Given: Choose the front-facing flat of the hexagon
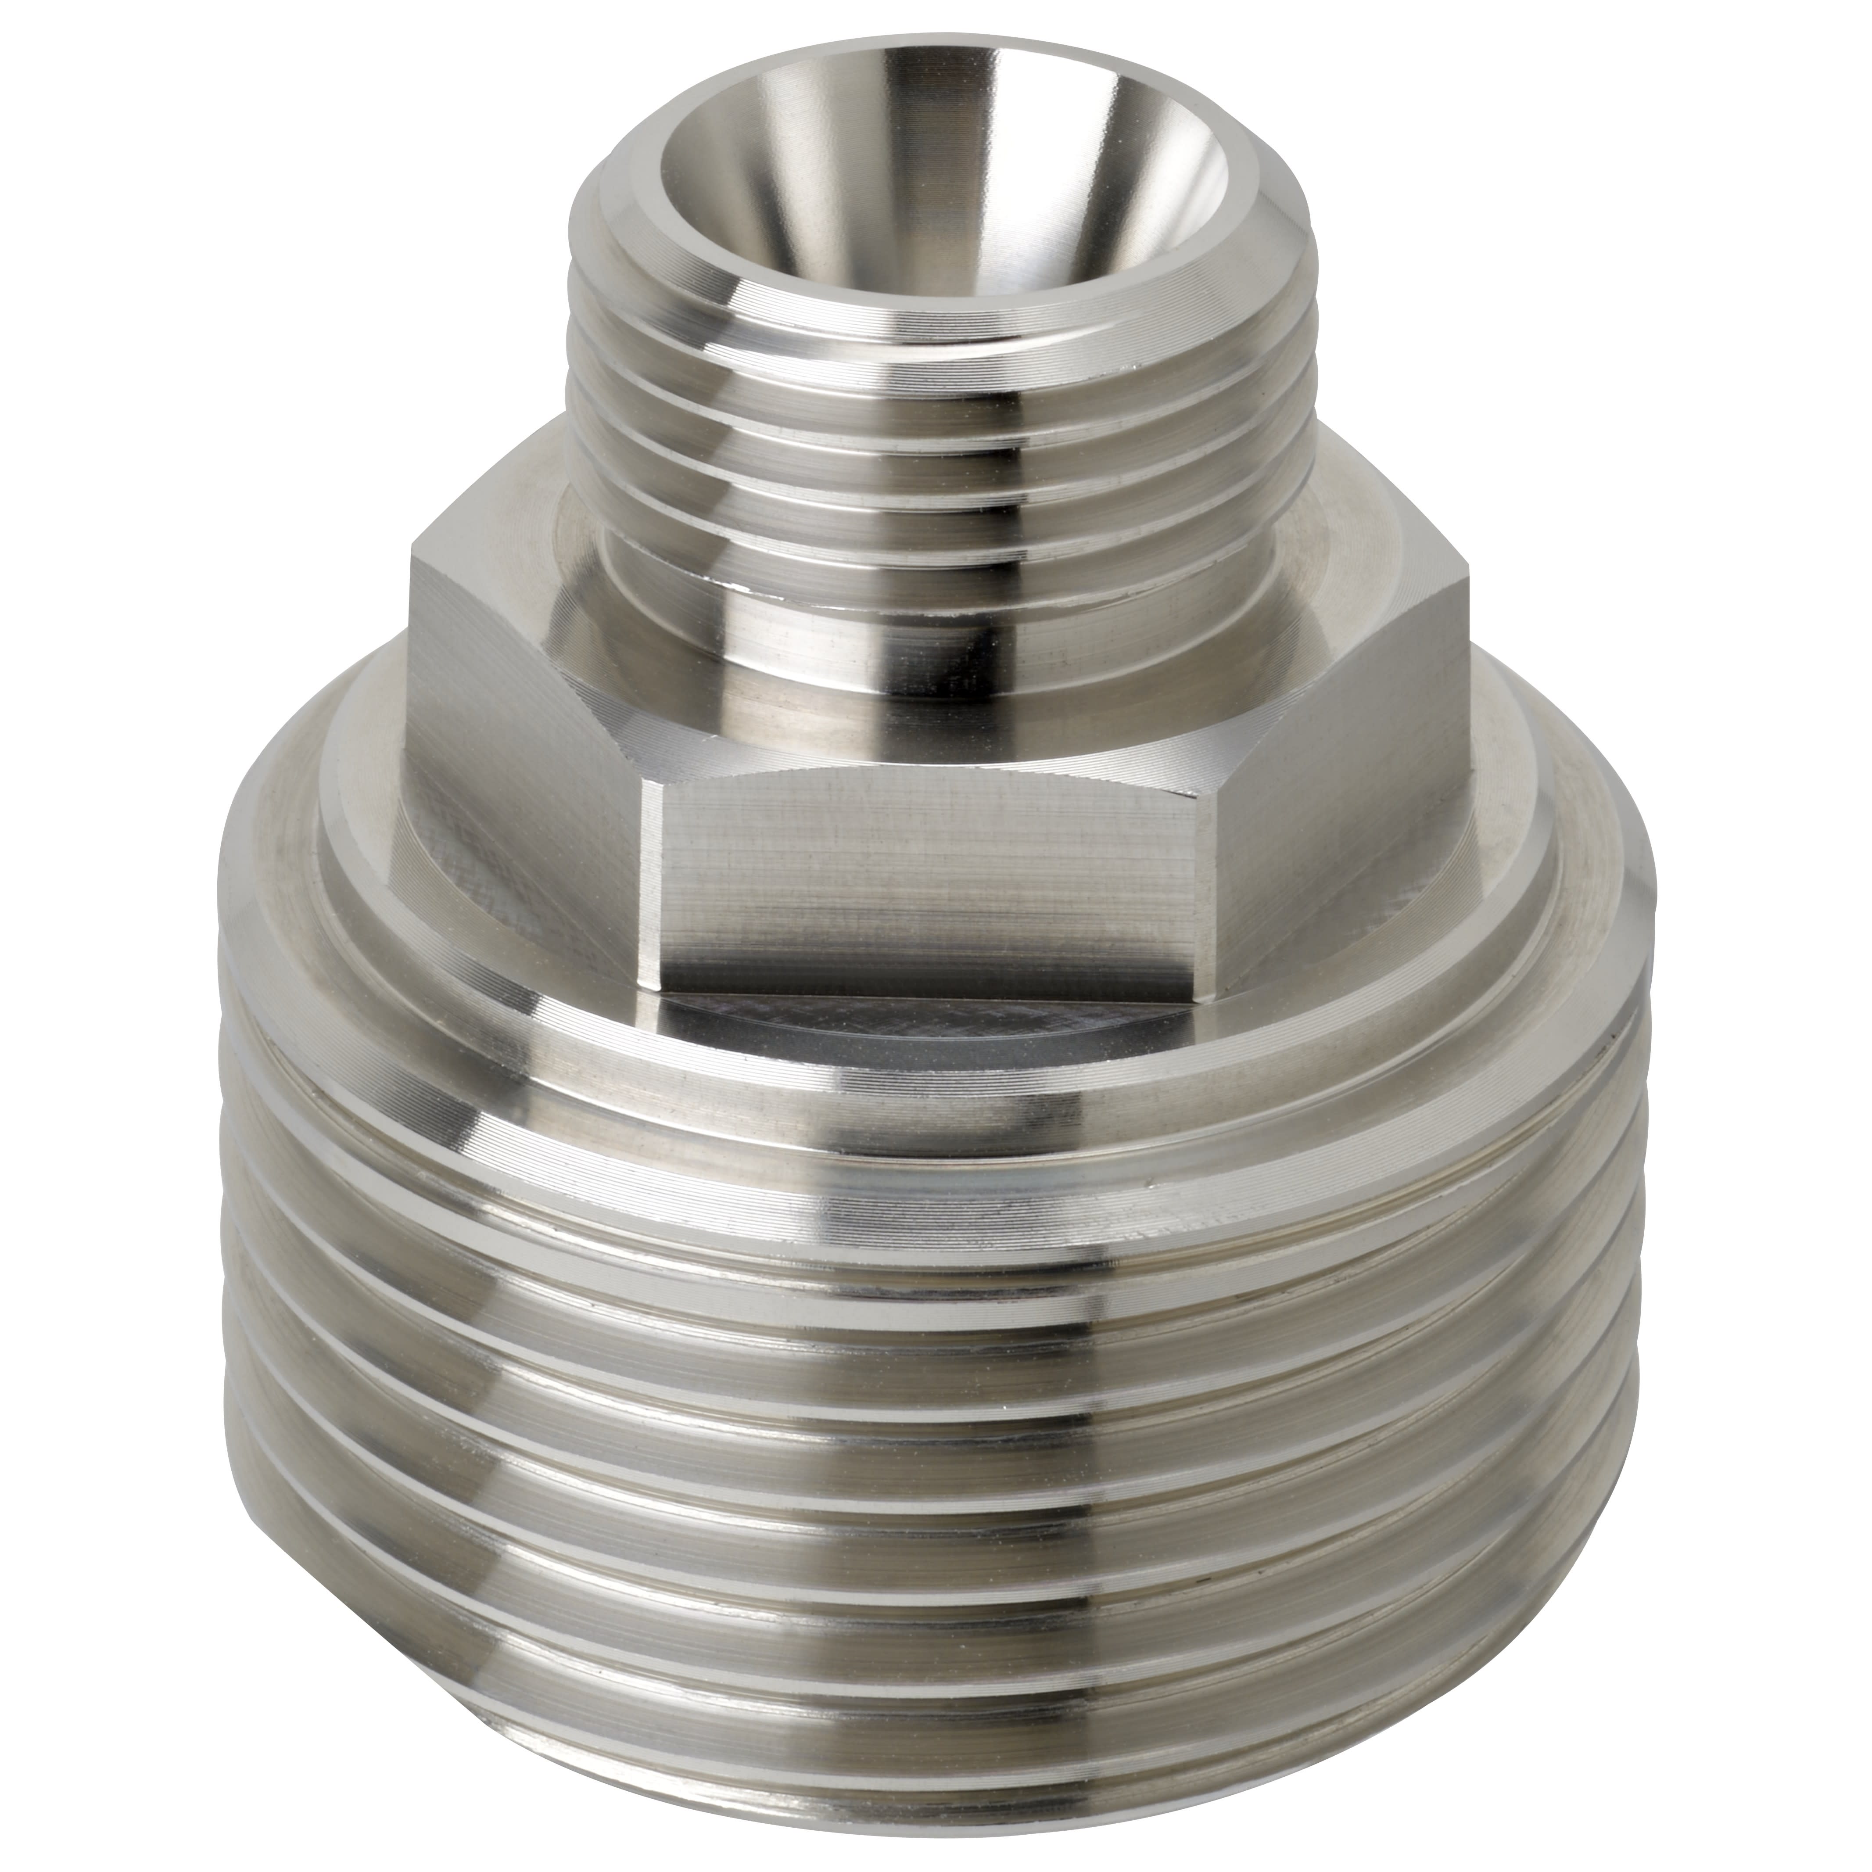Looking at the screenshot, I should tap(930, 872).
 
